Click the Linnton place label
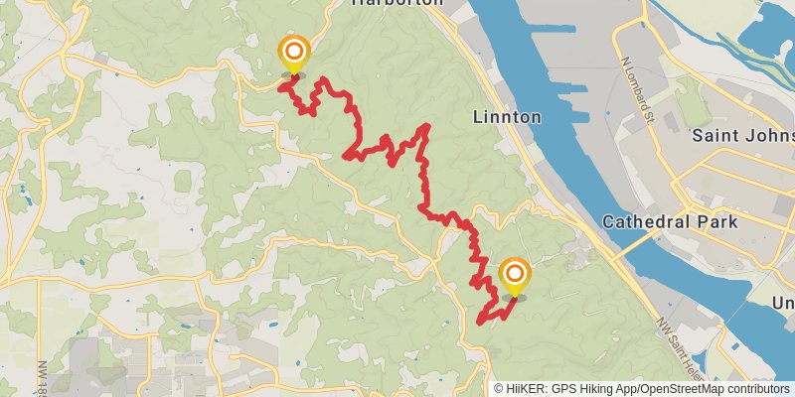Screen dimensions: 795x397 (x=507, y=117)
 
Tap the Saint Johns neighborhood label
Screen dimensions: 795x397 (x=742, y=134)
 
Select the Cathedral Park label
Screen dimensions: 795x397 (x=684, y=221)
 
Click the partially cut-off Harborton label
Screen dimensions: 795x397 (x=397, y=4)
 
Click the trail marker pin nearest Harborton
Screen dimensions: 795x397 (x=294, y=55)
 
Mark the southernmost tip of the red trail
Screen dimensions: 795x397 (x=480, y=322)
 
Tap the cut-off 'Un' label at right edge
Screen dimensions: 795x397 (x=784, y=303)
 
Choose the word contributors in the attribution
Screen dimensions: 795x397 (x=757, y=389)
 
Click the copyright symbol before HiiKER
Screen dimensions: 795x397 (x=499, y=389)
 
